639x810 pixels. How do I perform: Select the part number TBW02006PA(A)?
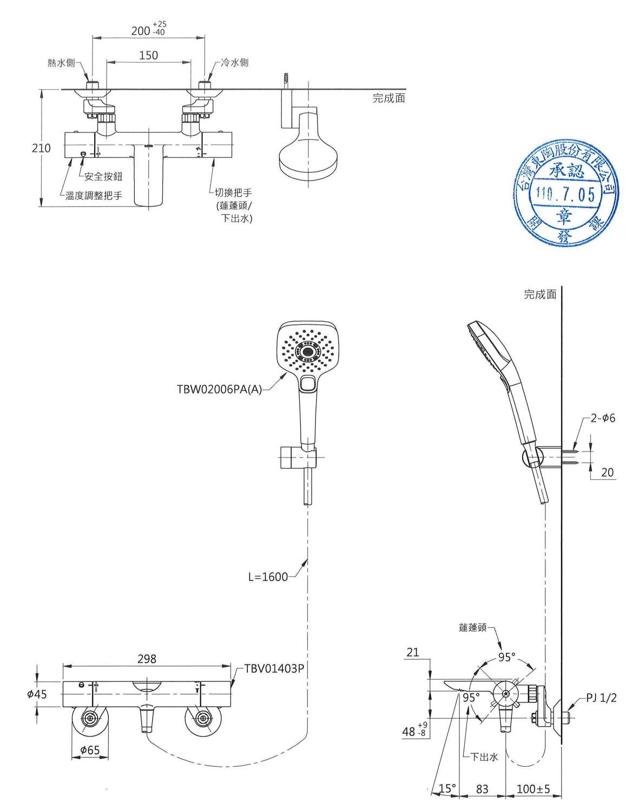(x=219, y=389)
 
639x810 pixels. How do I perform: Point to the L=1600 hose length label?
(x=268, y=576)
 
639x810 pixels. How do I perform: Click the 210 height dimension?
(x=41, y=148)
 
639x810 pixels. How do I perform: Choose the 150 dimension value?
(x=148, y=55)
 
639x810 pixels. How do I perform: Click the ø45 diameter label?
(x=37, y=694)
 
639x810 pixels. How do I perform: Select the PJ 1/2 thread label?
(x=601, y=698)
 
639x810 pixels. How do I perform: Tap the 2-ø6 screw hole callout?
(x=602, y=418)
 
